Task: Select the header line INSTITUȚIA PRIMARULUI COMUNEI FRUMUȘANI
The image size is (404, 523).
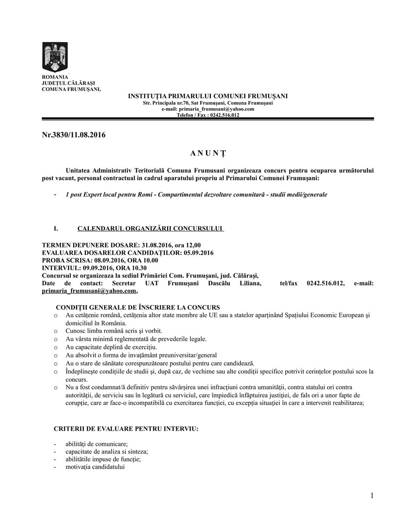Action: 208,96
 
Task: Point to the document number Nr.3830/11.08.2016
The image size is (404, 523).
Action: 74,135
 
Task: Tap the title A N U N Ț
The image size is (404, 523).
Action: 208,153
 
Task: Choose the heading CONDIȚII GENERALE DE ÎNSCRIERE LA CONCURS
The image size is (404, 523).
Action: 138,308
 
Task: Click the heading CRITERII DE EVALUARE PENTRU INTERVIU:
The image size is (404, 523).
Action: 126,429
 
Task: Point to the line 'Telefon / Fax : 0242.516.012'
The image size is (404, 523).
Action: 208,115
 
